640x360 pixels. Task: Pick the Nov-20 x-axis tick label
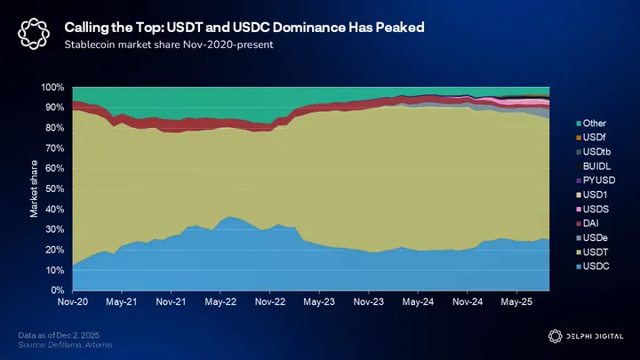coord(72,302)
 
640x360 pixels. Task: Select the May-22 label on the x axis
coord(220,302)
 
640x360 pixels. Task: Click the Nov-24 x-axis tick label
coord(466,302)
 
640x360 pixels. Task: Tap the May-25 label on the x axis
coord(516,302)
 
